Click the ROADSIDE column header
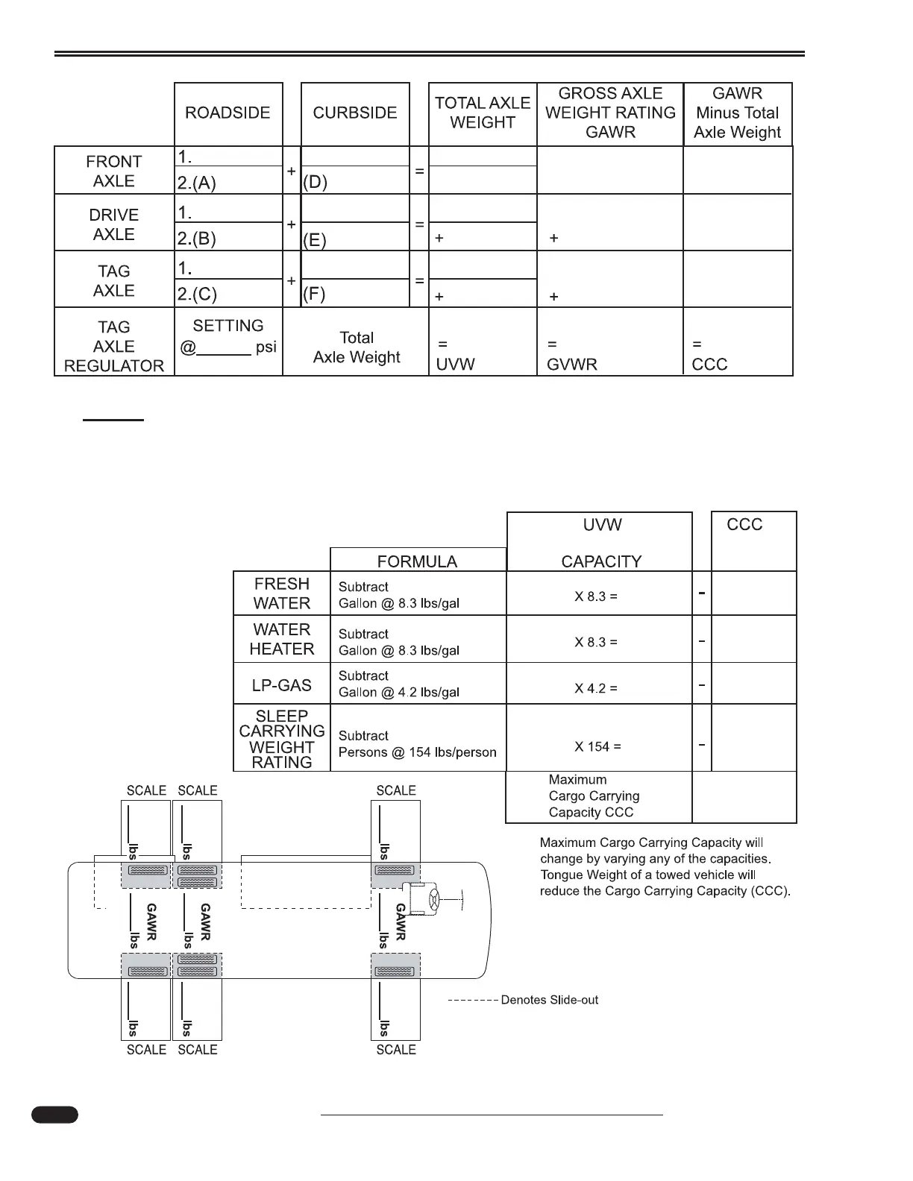click(228, 113)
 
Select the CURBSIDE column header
click(355, 113)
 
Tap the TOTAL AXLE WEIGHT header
click(483, 113)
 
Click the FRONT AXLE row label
click(114, 171)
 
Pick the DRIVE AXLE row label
click(114, 224)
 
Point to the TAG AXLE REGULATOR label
click(114, 347)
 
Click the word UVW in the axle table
click(456, 365)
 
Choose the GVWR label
click(572, 365)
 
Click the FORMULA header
click(417, 561)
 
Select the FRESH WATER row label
click(282, 593)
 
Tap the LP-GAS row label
click(282, 685)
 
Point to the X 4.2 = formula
click(596, 688)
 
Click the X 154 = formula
click(597, 746)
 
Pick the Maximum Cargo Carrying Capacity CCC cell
click(594, 796)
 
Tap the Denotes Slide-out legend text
click(550, 1000)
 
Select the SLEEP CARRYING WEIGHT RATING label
click(282, 739)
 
